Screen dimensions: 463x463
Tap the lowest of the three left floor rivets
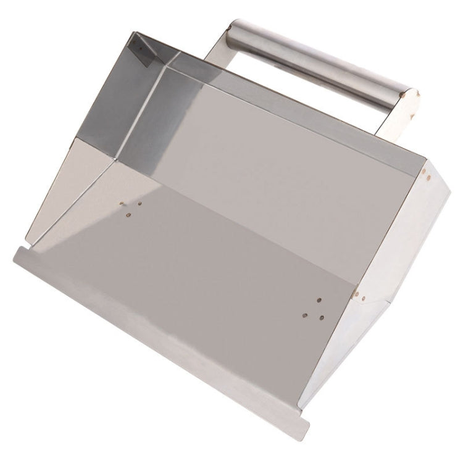(128, 215)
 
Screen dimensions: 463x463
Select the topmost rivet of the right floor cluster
(319, 301)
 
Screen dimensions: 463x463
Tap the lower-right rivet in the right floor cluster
(322, 317)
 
